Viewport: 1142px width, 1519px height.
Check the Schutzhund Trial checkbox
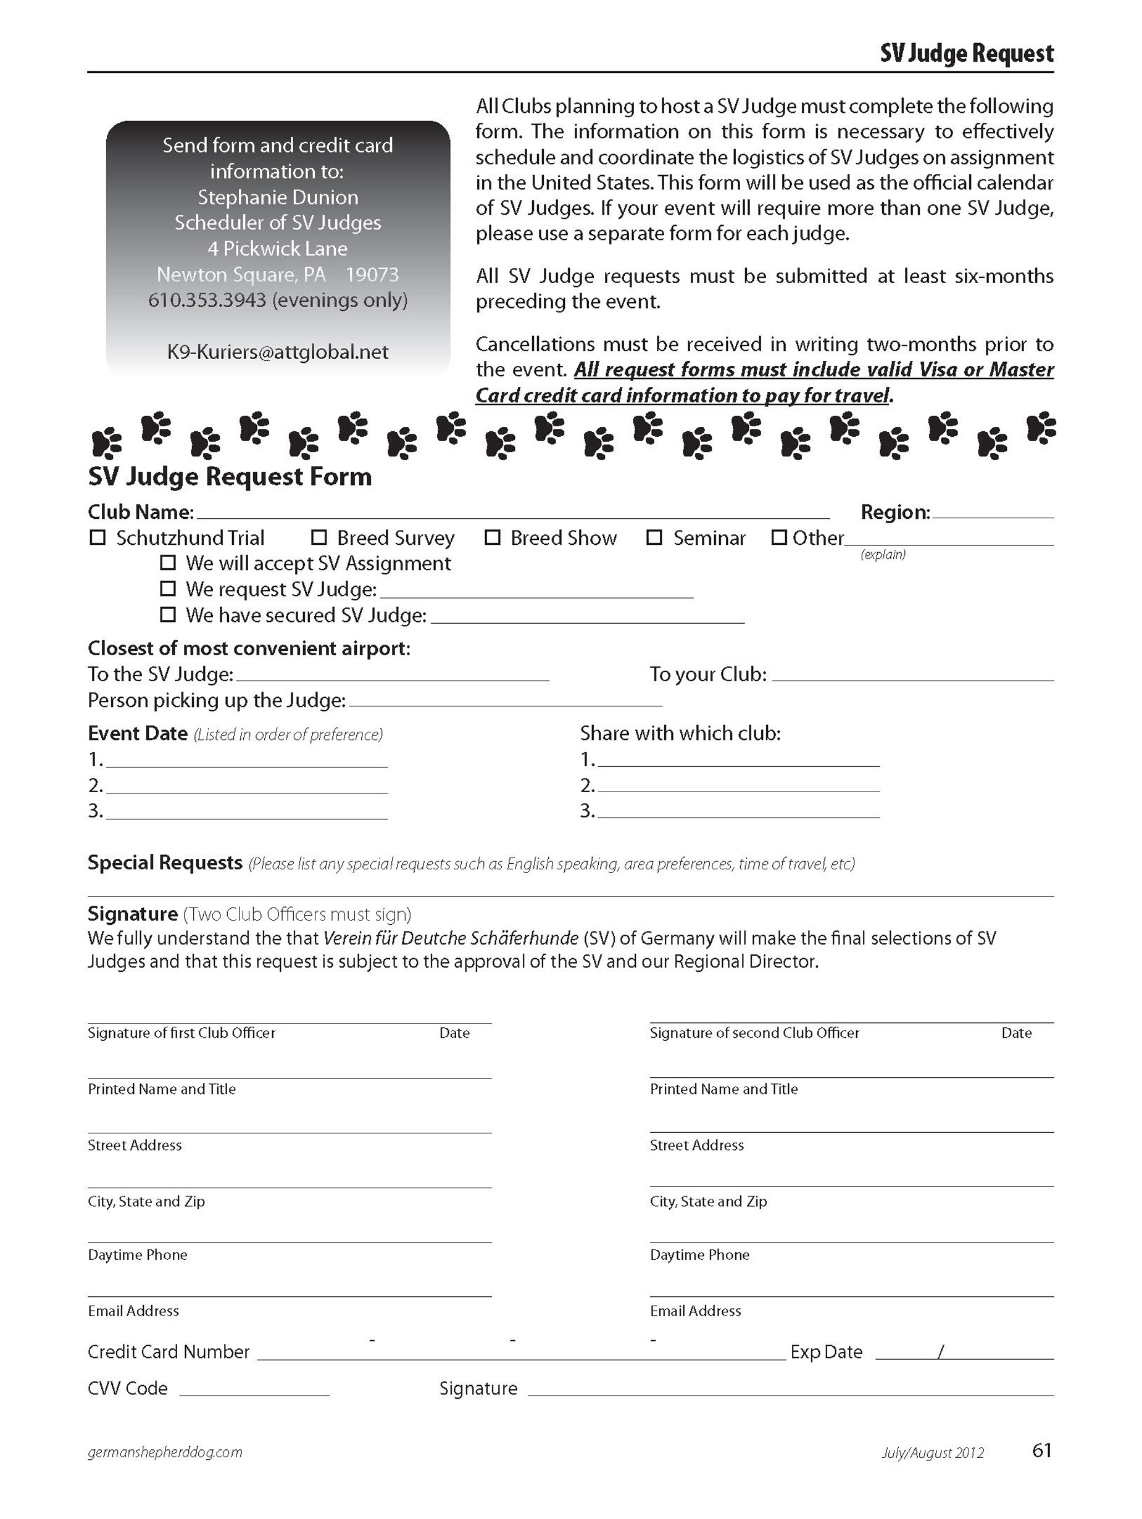98,537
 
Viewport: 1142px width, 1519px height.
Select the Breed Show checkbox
492,537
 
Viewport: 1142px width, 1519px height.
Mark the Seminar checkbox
654,537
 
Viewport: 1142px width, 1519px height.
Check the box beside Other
778,537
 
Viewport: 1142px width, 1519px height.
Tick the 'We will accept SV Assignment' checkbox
168,563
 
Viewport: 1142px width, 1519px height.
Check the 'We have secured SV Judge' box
168,615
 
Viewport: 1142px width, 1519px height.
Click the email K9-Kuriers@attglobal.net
278,352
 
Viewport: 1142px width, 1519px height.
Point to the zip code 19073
372,275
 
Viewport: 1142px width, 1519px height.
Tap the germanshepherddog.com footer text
165,1452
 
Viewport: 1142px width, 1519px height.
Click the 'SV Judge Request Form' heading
230,476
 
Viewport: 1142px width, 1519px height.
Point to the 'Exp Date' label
826,1352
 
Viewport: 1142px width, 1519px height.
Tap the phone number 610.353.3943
207,300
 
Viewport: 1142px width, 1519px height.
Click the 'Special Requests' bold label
165,863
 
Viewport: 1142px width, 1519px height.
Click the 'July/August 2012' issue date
932,1453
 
